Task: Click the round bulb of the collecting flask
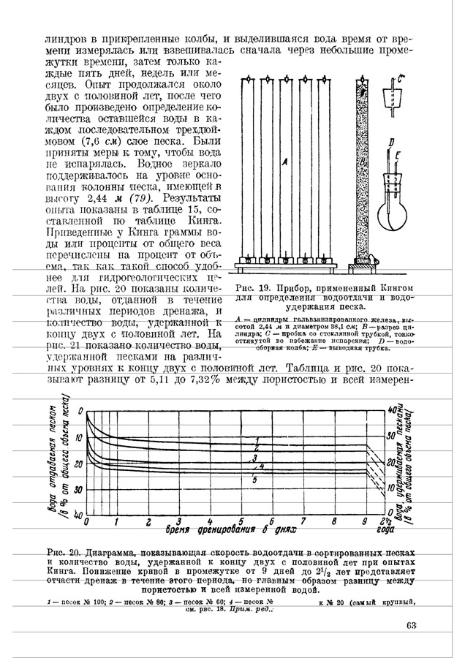click(x=395, y=218)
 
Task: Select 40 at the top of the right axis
click(x=392, y=410)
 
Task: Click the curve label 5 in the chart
click(x=254, y=480)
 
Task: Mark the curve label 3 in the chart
click(x=254, y=458)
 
